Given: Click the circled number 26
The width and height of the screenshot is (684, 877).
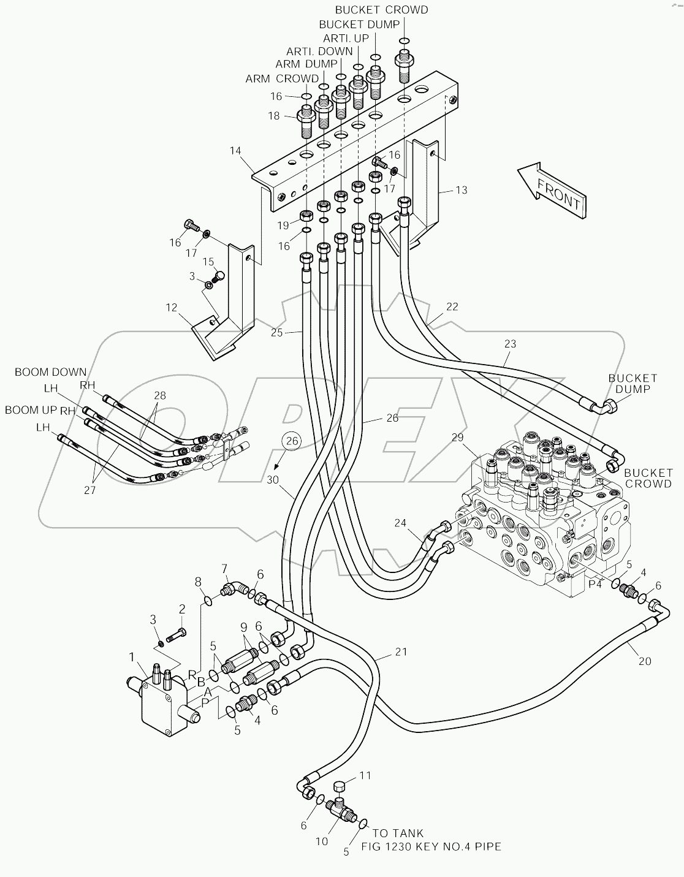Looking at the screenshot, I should tap(292, 441).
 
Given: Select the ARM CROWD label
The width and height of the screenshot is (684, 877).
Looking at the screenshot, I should tap(282, 78).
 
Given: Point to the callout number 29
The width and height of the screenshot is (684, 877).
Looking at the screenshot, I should tap(458, 438).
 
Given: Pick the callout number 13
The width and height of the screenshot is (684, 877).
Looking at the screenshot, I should tap(461, 190).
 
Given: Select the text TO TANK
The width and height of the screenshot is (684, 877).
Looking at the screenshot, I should tap(398, 833).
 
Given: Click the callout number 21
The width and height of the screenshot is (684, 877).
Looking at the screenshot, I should tap(400, 652).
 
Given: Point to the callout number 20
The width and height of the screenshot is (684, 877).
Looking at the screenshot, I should tap(644, 661).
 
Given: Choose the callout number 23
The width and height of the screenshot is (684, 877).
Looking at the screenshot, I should tap(511, 344).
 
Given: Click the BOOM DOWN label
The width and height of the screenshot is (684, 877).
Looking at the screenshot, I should tap(51, 372).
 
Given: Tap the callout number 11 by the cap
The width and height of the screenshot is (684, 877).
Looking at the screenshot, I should tap(365, 775).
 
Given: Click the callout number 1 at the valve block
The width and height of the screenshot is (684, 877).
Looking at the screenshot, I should tap(132, 658).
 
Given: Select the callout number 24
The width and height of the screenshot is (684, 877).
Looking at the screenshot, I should tap(400, 523).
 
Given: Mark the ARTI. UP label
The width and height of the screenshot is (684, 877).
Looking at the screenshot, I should tap(346, 37).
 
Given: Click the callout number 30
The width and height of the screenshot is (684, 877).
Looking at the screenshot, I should tap(273, 480).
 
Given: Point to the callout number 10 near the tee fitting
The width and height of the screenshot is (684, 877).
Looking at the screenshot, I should tap(322, 841).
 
